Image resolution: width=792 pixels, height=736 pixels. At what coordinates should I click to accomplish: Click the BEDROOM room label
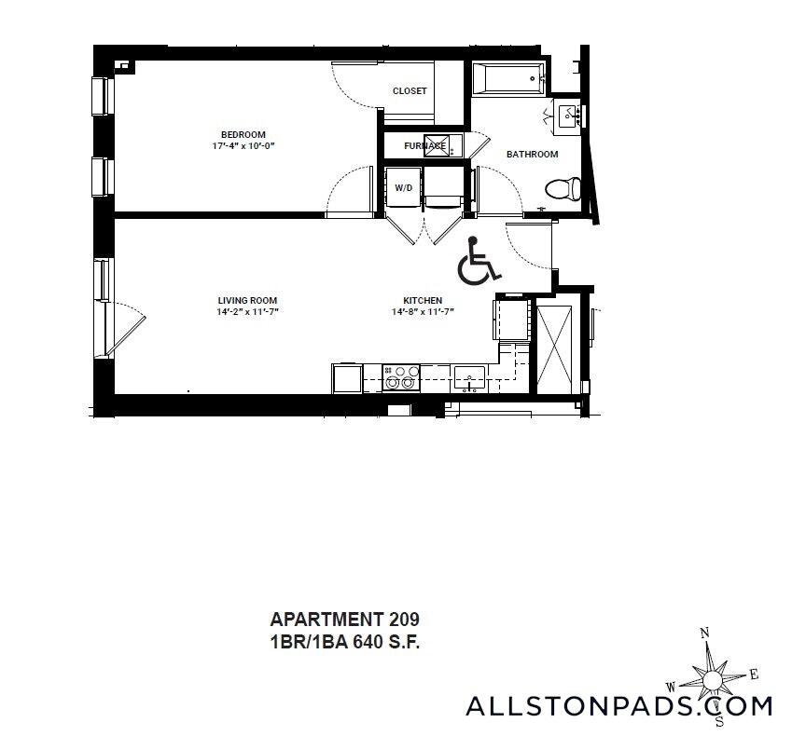[243, 133]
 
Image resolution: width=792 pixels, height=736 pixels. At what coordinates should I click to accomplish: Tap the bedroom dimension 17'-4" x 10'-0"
[243, 146]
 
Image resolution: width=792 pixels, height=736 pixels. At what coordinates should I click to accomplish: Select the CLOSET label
[410, 91]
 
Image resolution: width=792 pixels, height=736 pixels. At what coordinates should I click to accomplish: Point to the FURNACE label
[424, 146]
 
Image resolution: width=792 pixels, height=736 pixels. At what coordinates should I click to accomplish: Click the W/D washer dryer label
[403, 188]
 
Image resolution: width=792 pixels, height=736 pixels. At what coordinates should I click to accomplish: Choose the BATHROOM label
[532, 155]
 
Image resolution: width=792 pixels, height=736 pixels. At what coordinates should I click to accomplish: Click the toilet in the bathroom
[563, 190]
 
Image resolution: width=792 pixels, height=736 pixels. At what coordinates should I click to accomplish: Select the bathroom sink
[567, 116]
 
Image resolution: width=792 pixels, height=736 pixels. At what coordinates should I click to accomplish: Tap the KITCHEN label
[423, 300]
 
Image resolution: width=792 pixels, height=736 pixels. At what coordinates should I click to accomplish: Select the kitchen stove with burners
[402, 377]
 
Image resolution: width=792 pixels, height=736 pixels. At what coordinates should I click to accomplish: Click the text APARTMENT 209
[344, 620]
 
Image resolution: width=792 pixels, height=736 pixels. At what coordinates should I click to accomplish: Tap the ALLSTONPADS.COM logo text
[618, 705]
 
